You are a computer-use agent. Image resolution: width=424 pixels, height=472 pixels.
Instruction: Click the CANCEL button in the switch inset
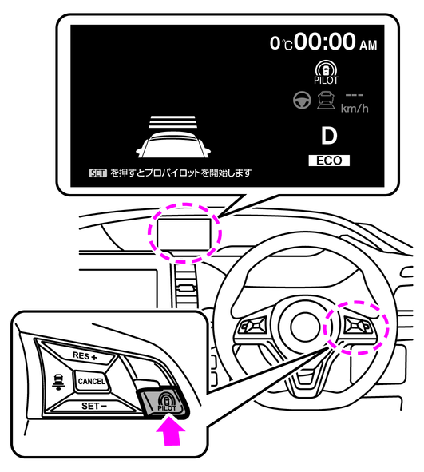[91, 381]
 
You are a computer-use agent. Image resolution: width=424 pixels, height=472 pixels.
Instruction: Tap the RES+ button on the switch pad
[85, 356]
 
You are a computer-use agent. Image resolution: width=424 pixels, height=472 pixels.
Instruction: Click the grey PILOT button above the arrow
[164, 403]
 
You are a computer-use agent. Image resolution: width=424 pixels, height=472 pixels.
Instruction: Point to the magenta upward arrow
[171, 431]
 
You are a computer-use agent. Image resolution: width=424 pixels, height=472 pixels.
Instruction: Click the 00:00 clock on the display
[325, 42]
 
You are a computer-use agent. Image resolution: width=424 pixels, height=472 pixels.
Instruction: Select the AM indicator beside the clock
[368, 46]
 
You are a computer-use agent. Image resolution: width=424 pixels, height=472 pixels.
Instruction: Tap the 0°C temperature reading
[281, 43]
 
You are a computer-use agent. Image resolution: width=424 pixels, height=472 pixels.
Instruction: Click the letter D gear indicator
[329, 136]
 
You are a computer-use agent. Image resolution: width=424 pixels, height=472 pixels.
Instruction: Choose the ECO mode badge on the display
[329, 161]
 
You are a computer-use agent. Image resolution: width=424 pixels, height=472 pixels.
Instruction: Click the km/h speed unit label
[355, 109]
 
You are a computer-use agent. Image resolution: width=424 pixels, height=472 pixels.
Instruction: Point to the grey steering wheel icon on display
[302, 100]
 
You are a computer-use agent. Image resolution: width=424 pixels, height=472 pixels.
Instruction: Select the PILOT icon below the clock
[326, 73]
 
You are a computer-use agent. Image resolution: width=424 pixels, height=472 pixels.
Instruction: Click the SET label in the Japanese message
[97, 173]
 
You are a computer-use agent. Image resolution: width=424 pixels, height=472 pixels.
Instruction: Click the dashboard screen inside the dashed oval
[184, 235]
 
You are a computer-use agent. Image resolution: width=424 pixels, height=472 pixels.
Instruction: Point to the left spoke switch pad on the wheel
[252, 326]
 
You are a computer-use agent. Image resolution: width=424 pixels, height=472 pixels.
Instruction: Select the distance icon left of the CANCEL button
[57, 381]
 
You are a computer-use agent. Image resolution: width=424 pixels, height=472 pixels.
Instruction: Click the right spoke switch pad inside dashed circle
[359, 327]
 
